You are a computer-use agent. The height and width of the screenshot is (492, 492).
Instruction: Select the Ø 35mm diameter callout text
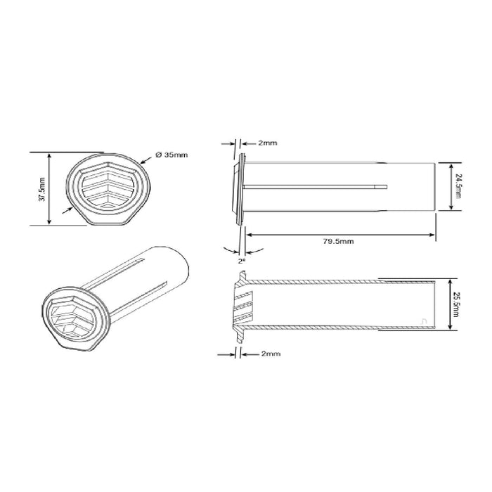pos(171,155)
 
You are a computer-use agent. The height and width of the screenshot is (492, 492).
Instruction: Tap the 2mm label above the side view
pos(266,143)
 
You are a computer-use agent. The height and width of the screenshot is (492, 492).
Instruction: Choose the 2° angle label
pos(242,260)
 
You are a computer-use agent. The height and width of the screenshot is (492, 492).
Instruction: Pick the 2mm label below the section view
pos(269,354)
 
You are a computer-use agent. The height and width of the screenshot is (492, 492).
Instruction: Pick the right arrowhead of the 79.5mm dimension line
pos(432,233)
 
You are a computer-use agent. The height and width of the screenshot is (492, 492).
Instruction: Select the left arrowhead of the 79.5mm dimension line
pos(247,233)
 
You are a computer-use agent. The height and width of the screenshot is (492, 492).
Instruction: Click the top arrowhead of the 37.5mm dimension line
pos(50,155)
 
